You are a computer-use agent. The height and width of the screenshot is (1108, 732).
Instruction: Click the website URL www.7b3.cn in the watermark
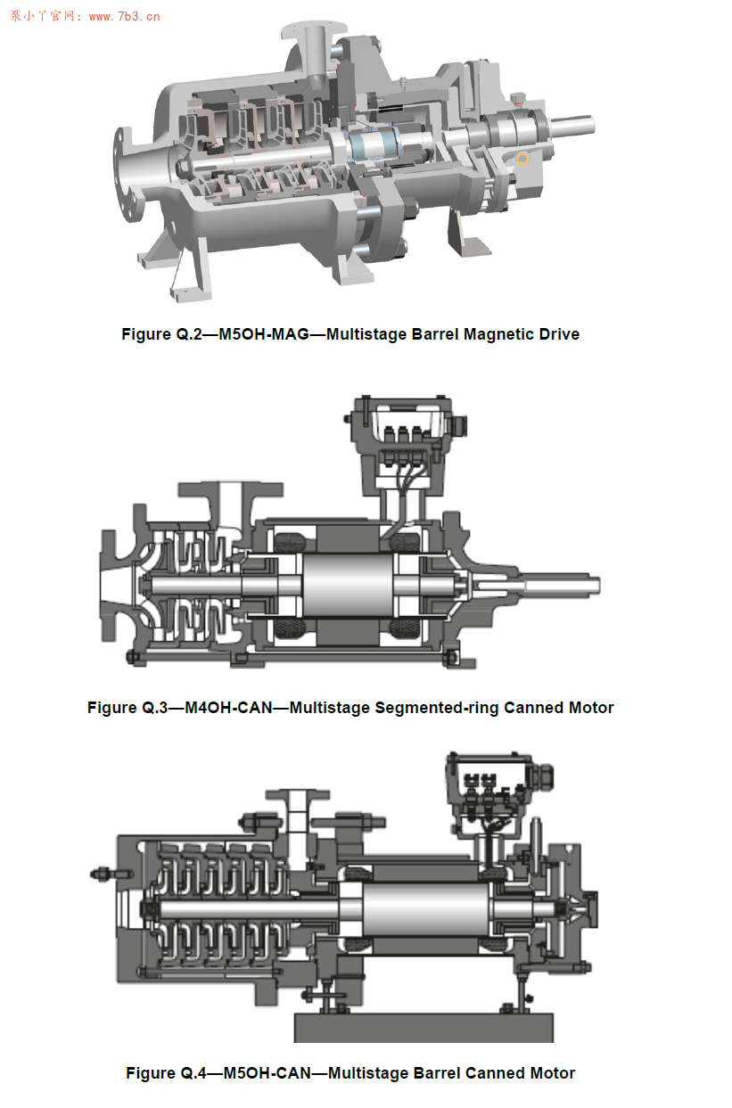pos(125,16)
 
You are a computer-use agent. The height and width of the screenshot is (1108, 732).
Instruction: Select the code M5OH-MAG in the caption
pos(264,334)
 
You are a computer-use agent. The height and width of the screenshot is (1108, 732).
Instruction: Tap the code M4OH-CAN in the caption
pos(228,708)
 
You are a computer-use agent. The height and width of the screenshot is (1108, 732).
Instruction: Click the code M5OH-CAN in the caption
pos(267,1073)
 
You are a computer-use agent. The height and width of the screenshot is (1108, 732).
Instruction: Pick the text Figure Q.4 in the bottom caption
pos(166,1073)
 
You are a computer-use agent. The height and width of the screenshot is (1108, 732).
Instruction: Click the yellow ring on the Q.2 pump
pos(522,159)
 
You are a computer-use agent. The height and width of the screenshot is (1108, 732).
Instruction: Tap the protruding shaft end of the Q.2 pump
pos(572,126)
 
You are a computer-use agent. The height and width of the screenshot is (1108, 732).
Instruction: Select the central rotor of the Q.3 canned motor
pos(348,586)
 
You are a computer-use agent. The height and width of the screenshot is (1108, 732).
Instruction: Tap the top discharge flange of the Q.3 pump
pos(231,489)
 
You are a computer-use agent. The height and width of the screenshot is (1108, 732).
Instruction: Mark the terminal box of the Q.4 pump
pos(498,792)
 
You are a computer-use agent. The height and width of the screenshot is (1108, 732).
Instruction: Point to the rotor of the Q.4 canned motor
pos(426,909)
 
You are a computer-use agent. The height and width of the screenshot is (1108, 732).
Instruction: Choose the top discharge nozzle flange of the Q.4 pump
pos(297,794)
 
